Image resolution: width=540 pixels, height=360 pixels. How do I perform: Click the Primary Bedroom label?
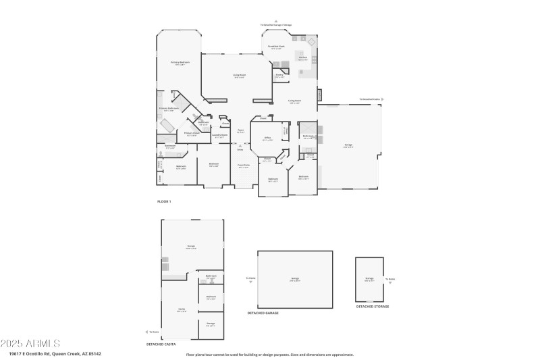coord(180,63)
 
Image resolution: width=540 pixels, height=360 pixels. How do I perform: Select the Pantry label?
coord(279,76)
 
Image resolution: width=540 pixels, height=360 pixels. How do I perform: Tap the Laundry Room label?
coord(219,135)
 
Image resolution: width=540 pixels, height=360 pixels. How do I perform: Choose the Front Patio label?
coord(243,165)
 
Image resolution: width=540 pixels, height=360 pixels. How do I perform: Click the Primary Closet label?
coord(192,134)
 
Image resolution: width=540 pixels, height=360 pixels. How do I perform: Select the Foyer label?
coord(240,131)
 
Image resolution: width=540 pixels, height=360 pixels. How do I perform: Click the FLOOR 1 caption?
coord(164,202)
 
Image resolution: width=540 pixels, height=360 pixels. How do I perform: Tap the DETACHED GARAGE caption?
coord(263,313)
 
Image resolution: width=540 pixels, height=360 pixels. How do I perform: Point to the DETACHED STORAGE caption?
coord(372,306)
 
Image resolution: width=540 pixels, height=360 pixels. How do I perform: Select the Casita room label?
coord(182,309)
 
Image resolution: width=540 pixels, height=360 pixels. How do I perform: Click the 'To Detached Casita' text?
coord(370,99)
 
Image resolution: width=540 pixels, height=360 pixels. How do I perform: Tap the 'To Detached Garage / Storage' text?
coord(276,25)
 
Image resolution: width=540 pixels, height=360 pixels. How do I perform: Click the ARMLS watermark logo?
coord(30,343)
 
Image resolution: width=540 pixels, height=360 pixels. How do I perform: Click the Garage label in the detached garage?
coord(295,278)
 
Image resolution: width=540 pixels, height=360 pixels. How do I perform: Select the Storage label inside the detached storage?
coord(369,278)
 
